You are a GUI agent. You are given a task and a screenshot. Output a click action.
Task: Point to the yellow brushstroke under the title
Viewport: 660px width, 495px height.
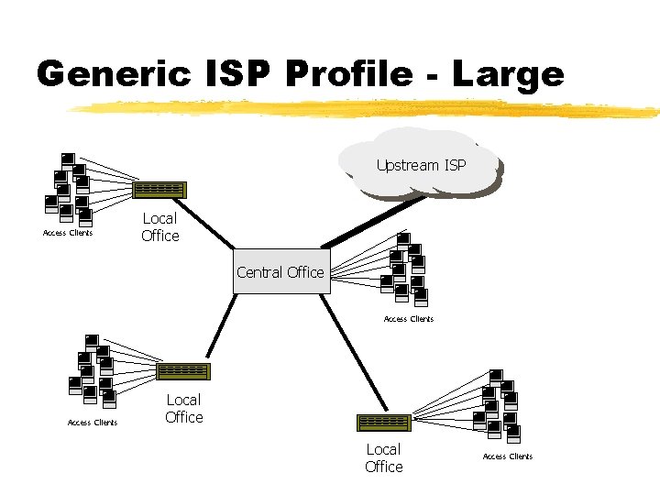coord(367,110)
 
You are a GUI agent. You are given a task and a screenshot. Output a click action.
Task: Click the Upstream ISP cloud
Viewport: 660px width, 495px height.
coord(421,165)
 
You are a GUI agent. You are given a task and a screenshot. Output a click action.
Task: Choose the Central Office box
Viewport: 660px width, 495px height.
coord(280,272)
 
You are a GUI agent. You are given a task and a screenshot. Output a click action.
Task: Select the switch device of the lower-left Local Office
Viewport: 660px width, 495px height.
coord(182,371)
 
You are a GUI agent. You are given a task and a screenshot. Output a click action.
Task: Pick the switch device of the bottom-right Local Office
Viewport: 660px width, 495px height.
coord(383,423)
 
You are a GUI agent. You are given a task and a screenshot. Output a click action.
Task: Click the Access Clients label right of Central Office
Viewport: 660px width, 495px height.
coord(409,319)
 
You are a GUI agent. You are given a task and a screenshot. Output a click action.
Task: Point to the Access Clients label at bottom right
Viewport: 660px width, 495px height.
coord(508,456)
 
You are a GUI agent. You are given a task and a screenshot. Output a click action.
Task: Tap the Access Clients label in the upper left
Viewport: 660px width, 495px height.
coord(68,233)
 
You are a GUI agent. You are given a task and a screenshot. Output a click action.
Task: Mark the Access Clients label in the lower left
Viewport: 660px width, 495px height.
coord(93,423)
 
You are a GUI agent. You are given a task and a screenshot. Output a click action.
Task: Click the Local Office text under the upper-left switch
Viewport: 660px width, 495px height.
coord(160,227)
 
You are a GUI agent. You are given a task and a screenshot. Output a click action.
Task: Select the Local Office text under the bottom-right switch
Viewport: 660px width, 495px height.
coord(383,458)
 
